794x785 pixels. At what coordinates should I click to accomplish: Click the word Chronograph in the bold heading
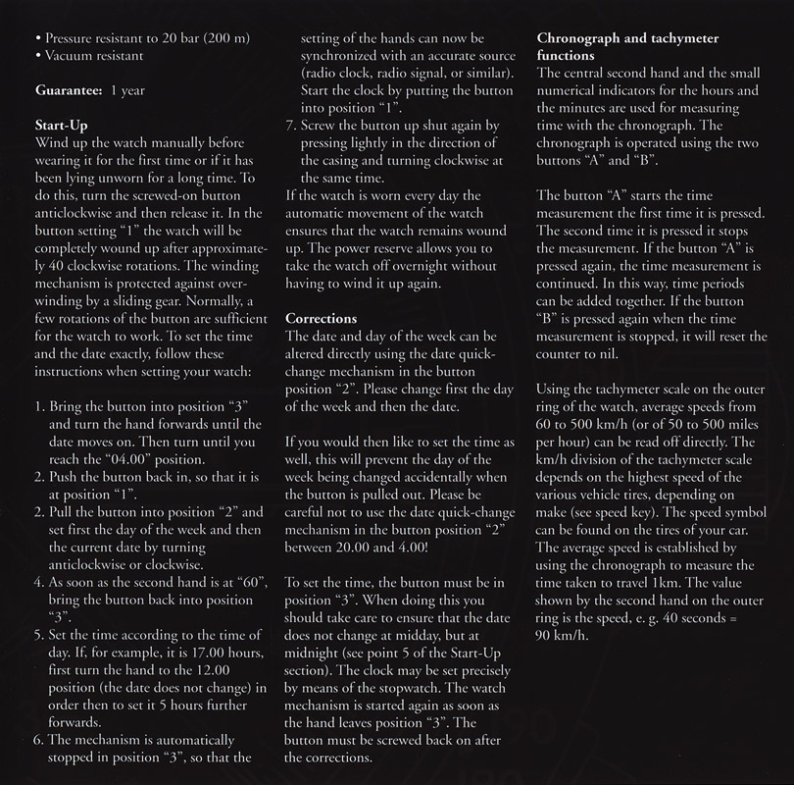point(581,37)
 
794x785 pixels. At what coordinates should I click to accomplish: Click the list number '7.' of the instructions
point(292,126)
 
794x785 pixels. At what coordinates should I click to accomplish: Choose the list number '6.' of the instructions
point(29,739)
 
